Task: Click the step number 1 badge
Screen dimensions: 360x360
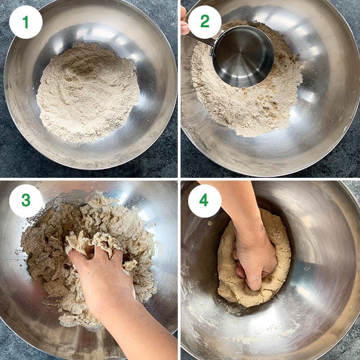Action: (x=26, y=22)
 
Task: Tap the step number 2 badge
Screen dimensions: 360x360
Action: (x=205, y=22)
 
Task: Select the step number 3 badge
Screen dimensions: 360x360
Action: (x=26, y=201)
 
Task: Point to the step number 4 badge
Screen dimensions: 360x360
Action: (x=205, y=201)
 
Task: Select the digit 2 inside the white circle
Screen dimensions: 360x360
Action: (x=205, y=22)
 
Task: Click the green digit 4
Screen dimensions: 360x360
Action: (x=205, y=201)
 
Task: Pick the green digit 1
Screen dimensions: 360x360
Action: (x=26, y=22)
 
